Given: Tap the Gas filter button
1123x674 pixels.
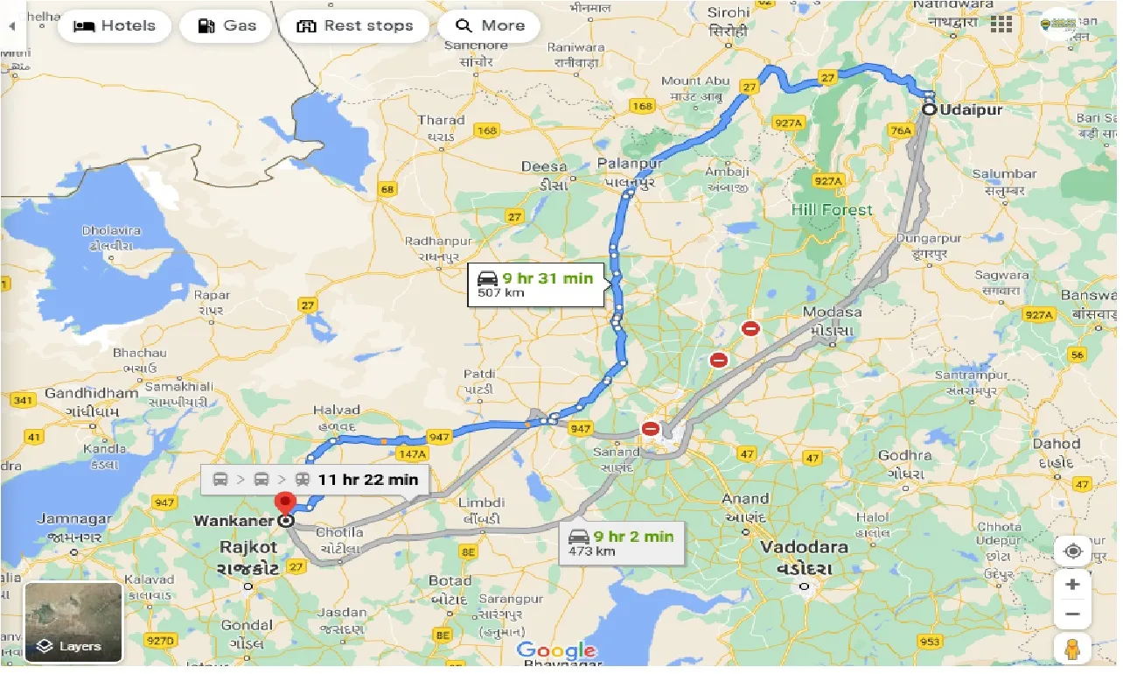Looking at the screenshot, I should click(x=227, y=25).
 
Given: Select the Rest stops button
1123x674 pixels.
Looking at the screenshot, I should click(x=355, y=25).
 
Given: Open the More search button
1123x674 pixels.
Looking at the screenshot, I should click(x=489, y=25).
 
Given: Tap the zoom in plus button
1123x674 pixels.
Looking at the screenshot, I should click(x=1073, y=585).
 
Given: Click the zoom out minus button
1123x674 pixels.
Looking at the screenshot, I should click(x=1073, y=614).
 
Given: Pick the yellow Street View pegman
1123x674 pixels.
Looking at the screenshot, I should click(x=1073, y=649).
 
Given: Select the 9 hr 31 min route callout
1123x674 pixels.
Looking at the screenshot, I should click(x=535, y=284).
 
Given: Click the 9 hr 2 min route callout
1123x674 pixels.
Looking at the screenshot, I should click(x=620, y=542).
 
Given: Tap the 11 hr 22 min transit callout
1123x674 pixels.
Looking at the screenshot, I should click(x=316, y=479).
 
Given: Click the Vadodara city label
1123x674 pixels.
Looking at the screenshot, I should click(x=804, y=547).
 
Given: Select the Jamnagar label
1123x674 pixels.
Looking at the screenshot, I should click(x=73, y=520).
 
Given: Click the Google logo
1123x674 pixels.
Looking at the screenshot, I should click(x=555, y=650).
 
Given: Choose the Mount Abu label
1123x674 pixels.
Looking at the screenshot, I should click(x=694, y=81).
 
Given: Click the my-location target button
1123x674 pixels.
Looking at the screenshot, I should click(x=1073, y=551).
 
